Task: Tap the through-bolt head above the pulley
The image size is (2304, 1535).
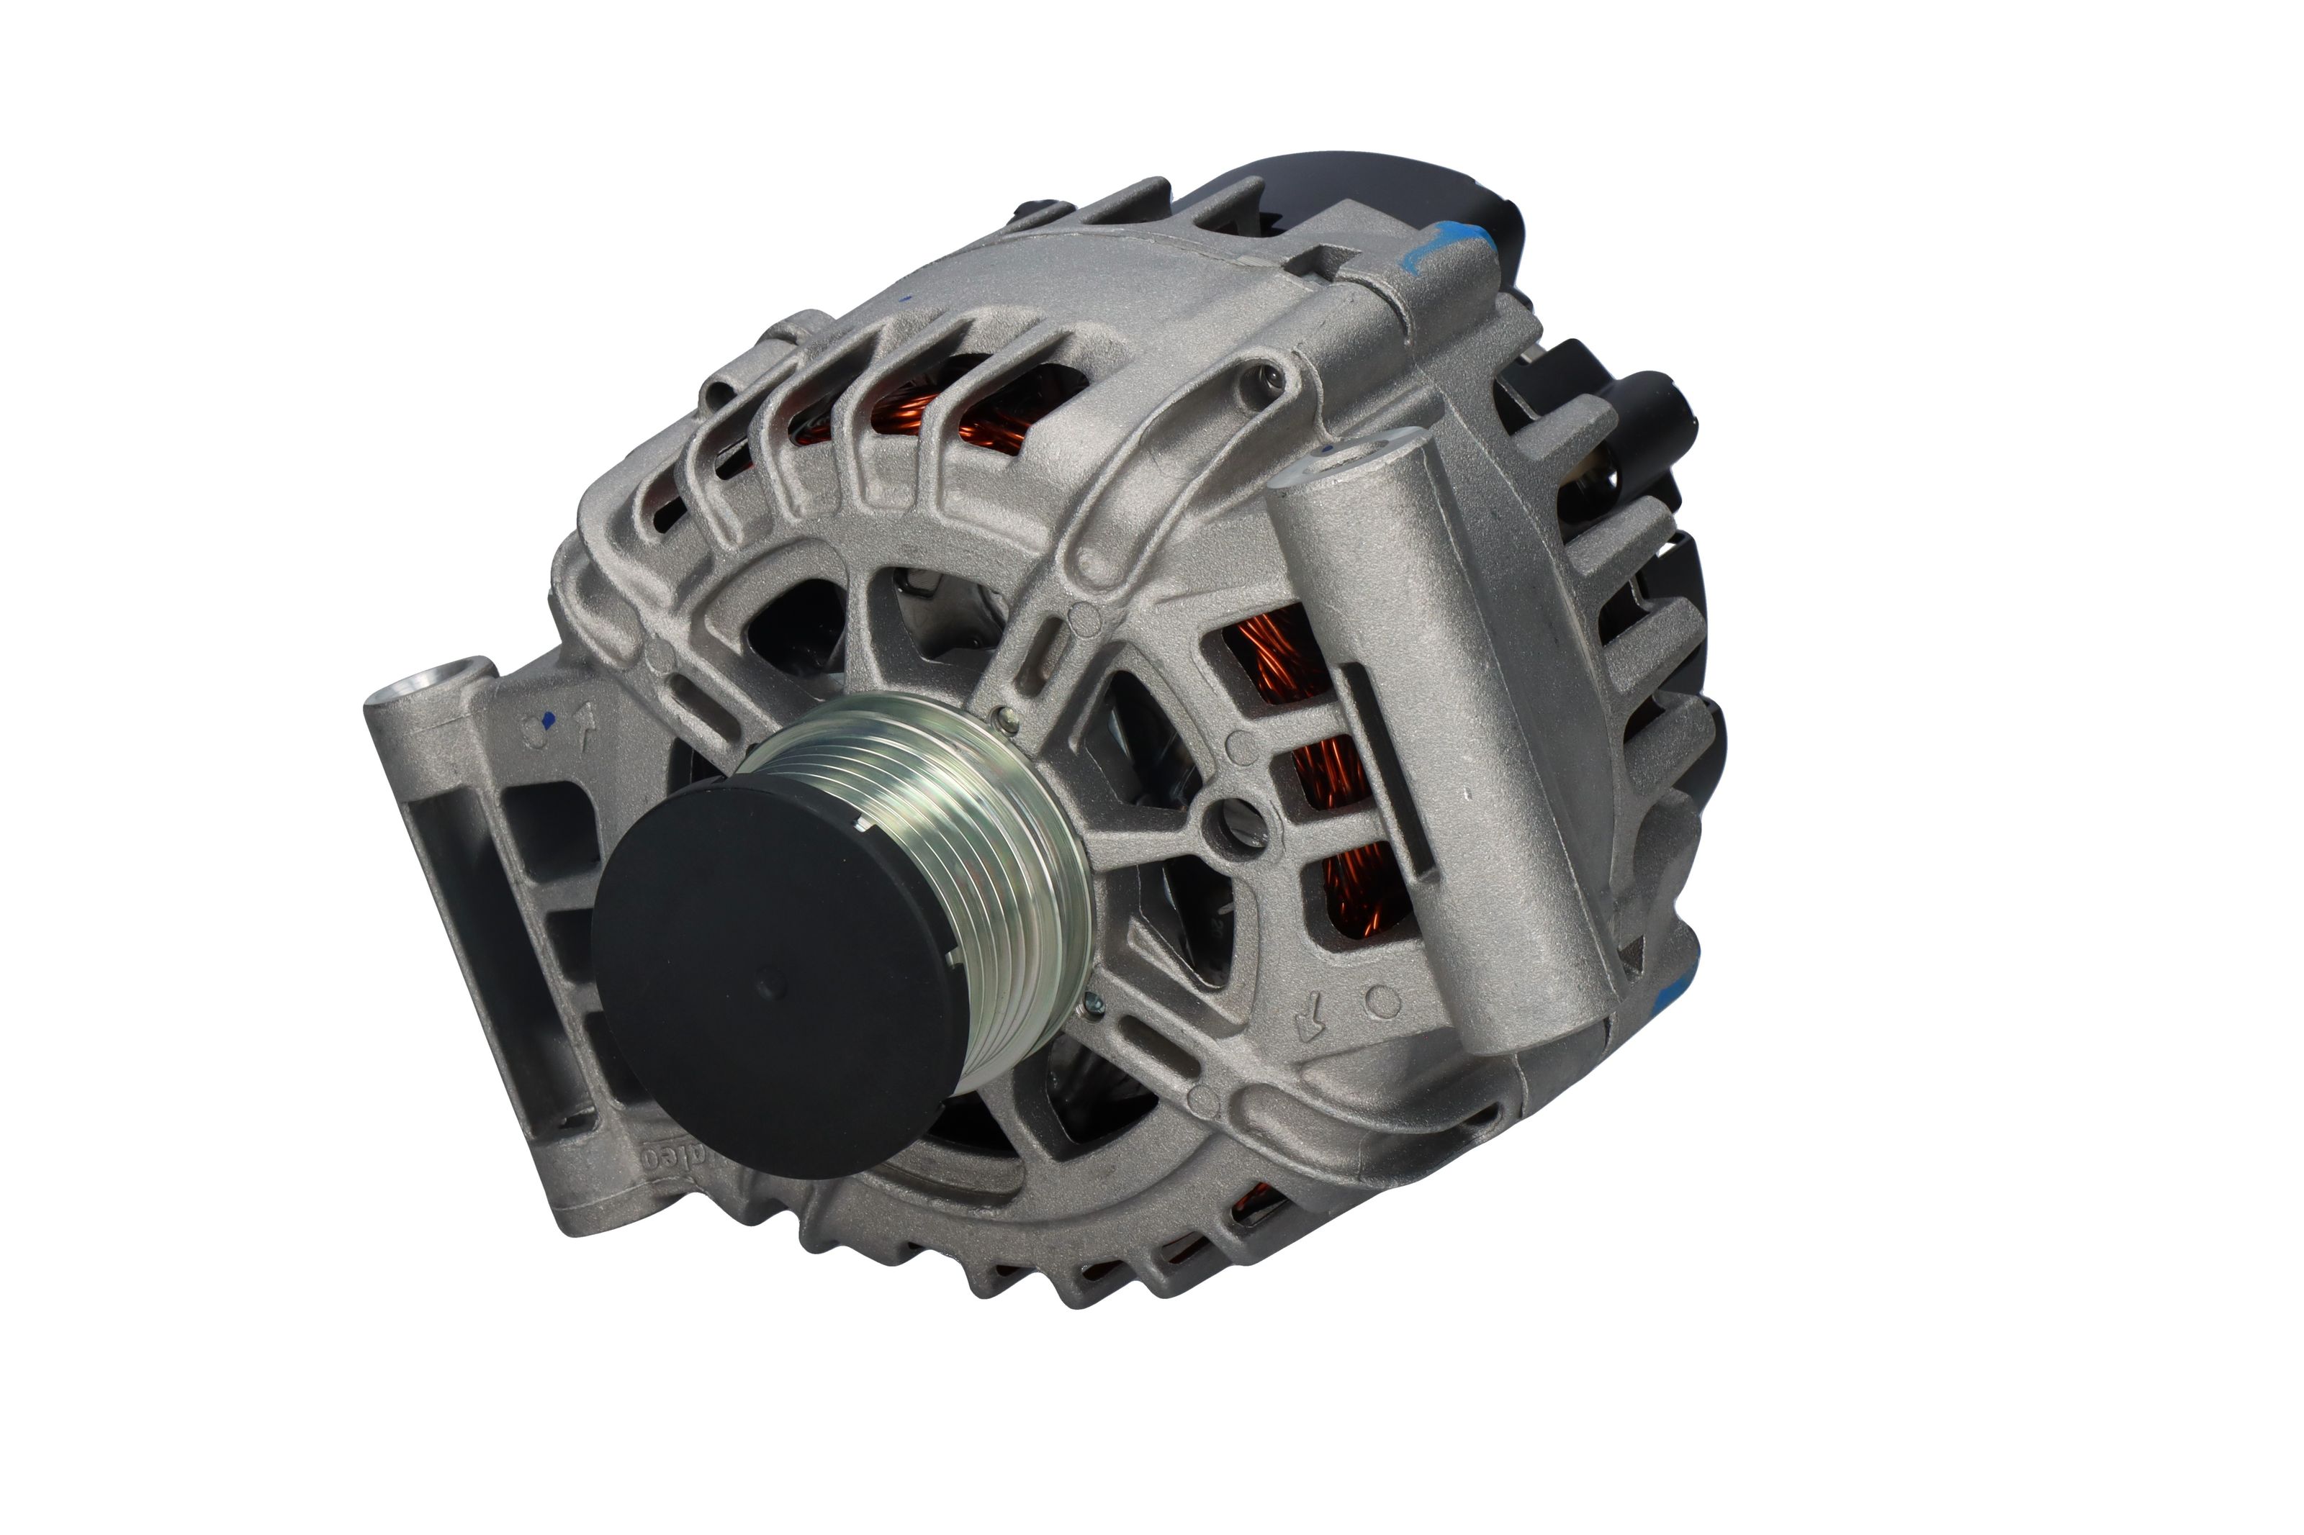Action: coord(1003,720)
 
